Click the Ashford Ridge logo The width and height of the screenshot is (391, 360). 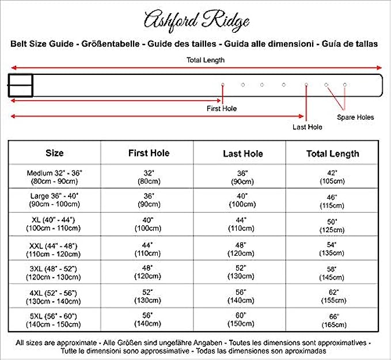pos(196,21)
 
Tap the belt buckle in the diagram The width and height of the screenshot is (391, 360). pos(20,85)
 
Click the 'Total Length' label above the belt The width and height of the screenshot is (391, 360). pos(205,60)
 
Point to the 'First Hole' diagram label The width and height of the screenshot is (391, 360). pos(222,108)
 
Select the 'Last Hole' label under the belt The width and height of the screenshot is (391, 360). pos(307,127)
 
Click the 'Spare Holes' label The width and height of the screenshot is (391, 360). pos(355,117)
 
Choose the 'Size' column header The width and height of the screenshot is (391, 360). pos(55,153)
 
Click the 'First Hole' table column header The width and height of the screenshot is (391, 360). pos(149,153)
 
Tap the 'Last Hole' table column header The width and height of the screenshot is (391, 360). pos(242,154)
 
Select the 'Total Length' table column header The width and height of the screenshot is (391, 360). pos(332,154)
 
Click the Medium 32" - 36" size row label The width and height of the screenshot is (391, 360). pos(55,176)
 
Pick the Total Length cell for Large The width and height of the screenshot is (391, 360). pos(332,200)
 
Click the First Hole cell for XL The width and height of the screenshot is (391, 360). pos(148,225)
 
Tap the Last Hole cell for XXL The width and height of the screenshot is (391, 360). pos(242,249)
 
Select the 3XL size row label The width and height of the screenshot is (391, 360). pos(55,272)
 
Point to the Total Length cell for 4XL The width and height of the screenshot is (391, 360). pos(332,296)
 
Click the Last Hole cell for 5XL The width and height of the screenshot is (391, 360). pos(242,320)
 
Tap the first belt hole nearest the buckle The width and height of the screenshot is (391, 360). pos(222,85)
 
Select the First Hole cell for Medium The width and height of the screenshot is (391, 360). pos(148,176)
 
